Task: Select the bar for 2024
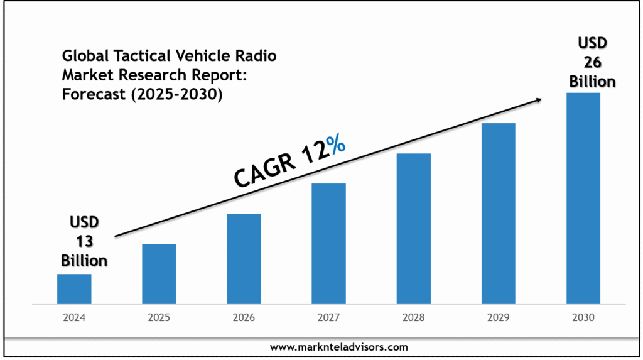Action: click(74, 288)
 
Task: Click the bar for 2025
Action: click(159, 274)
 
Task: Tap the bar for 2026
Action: click(244, 259)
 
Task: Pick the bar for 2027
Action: click(328, 244)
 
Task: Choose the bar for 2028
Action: click(413, 229)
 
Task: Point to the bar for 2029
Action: click(498, 214)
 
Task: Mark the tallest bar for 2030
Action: click(583, 199)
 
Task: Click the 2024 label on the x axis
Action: click(74, 318)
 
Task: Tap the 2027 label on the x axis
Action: click(328, 318)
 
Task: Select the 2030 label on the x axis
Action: click(583, 318)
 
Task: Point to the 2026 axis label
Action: click(244, 318)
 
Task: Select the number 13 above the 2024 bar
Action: click(84, 241)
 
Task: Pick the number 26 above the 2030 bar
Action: click(592, 62)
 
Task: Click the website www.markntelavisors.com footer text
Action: click(339, 347)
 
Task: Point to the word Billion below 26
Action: click(592, 81)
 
